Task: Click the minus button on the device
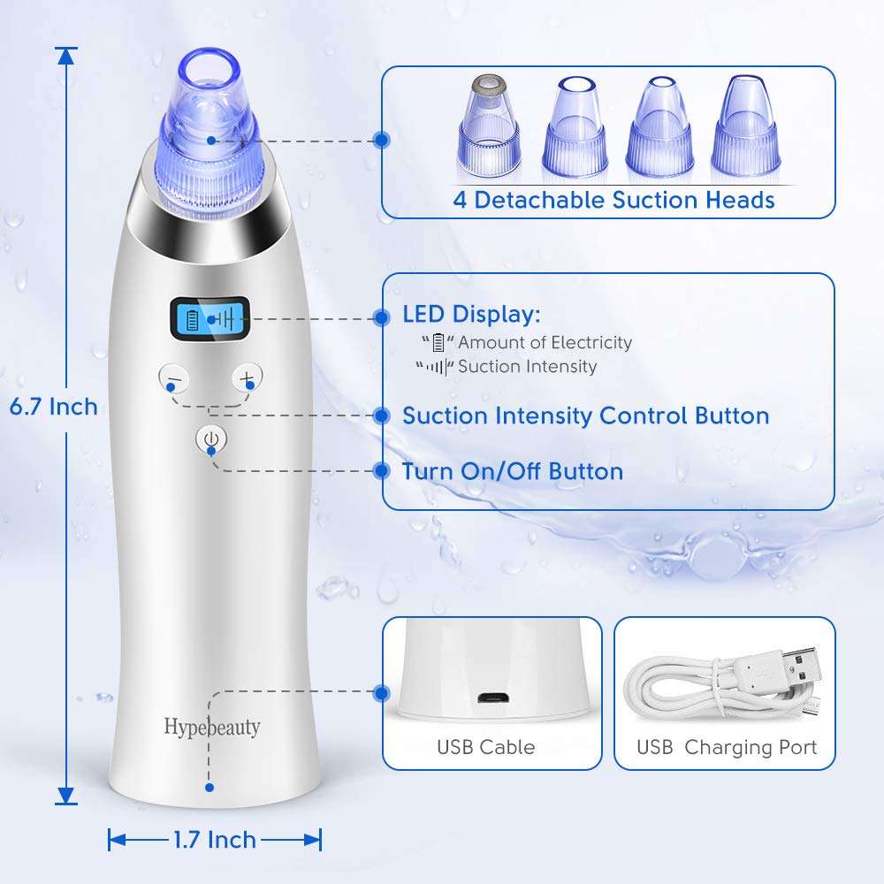174,378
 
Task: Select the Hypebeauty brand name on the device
212,727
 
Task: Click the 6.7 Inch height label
53,407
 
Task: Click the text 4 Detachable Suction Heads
613,200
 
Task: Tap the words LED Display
471,315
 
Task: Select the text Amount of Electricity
545,342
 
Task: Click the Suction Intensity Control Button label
585,415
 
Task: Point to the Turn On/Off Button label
513,471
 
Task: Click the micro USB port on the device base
492,697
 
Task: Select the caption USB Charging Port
727,747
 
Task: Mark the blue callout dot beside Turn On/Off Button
383,471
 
